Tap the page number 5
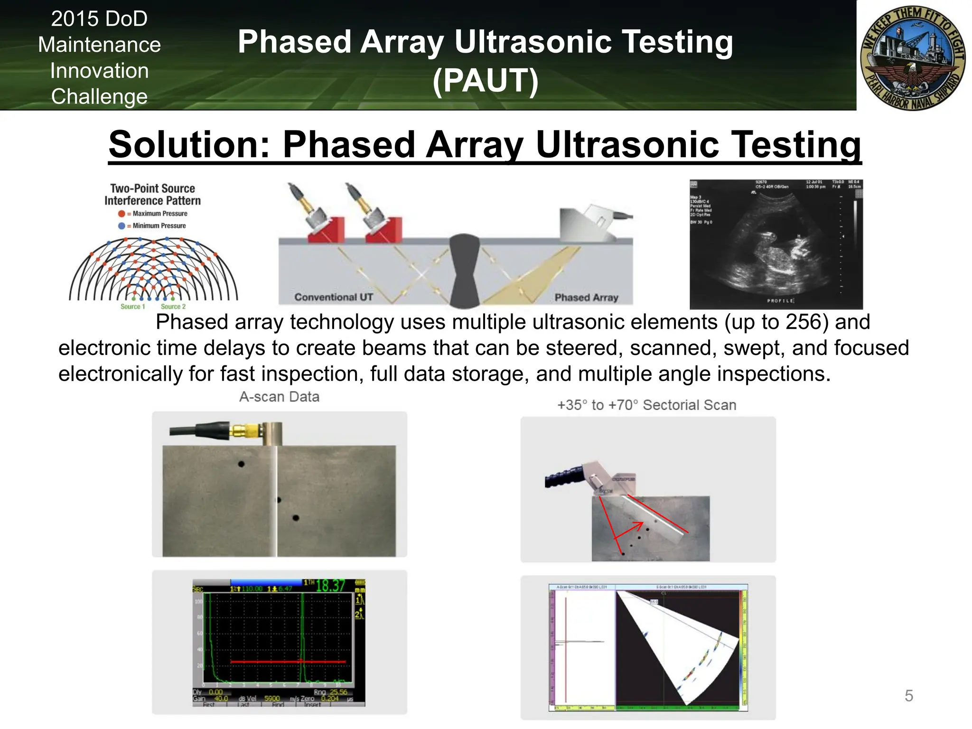point(908,696)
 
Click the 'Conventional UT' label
point(334,297)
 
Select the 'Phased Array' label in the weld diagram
point(586,298)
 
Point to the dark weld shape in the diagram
point(464,271)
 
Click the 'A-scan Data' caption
point(279,397)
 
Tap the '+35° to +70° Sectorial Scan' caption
point(646,405)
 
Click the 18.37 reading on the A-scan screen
point(330,586)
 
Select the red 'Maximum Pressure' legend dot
point(121,214)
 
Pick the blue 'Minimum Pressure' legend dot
point(121,226)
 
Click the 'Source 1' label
point(132,307)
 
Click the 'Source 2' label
point(173,307)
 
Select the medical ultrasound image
point(776,244)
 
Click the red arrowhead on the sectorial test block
point(638,525)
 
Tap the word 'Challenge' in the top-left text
point(99,96)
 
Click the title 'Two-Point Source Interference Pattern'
point(152,195)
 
